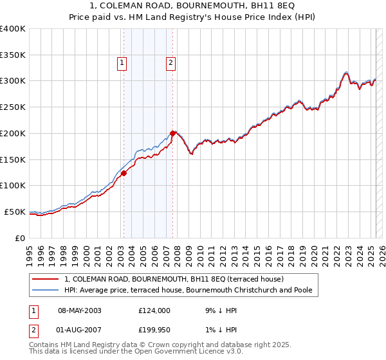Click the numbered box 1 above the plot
122,63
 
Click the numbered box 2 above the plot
170,63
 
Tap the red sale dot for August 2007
172,133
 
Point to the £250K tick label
13,107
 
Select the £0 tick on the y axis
21,238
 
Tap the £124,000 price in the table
154,310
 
